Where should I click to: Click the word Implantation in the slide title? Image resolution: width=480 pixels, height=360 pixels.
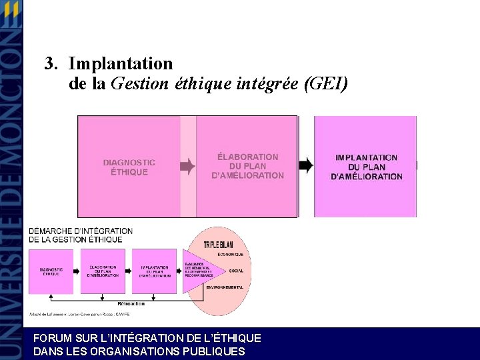[120, 64]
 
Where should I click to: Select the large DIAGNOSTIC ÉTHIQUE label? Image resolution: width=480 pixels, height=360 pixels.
[129, 167]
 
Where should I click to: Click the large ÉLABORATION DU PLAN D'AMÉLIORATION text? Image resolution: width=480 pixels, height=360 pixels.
[247, 166]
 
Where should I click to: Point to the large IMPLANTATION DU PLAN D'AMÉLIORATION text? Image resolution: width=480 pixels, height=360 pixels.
[366, 167]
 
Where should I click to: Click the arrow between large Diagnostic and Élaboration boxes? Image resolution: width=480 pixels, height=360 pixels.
[188, 166]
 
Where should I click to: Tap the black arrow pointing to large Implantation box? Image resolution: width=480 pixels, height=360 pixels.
[305, 165]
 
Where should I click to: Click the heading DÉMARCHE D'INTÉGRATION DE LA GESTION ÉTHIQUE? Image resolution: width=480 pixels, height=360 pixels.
[80, 235]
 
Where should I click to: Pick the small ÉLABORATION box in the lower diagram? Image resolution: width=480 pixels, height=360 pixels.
[102, 271]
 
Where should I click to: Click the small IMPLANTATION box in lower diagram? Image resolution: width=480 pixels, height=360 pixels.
[153, 271]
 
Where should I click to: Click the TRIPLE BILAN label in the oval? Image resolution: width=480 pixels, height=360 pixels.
[219, 245]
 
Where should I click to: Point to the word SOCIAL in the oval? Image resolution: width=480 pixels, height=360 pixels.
[236, 271]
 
